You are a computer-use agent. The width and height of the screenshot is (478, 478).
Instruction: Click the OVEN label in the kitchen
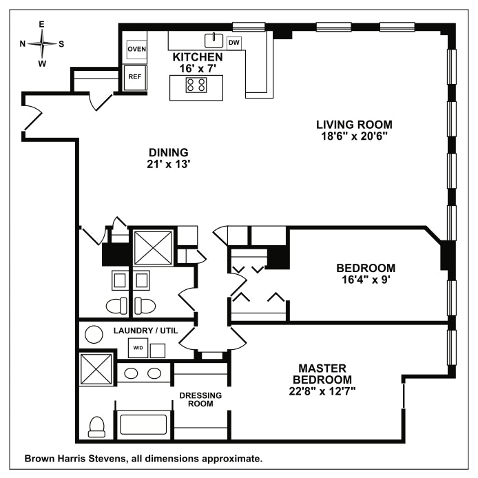point(136,49)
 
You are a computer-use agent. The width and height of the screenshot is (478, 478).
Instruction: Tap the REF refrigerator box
point(135,78)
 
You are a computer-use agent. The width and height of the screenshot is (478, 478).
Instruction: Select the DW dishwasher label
point(233,43)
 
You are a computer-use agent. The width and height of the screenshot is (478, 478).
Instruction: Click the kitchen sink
point(214,41)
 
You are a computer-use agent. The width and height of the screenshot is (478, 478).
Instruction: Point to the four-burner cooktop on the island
point(196,85)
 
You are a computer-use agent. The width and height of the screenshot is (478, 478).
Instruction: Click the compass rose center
point(42,44)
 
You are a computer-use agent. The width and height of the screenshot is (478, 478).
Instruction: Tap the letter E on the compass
point(42,24)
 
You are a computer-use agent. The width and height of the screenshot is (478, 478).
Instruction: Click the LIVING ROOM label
point(354,125)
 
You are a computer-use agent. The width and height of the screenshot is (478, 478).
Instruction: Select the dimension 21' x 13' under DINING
point(169,165)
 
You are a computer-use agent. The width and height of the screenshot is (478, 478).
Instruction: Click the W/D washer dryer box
point(138,348)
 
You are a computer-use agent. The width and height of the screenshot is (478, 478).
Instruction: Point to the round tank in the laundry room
point(94,335)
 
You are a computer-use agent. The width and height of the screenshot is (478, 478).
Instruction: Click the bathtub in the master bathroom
point(143,425)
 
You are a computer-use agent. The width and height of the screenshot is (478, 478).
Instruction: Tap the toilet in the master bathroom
point(96,428)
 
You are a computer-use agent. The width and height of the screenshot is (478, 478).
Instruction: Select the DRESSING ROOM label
point(200,399)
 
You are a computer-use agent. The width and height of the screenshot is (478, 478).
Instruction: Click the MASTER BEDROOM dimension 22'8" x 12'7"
point(322,391)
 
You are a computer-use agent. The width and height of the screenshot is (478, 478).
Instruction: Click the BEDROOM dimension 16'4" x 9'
point(366,280)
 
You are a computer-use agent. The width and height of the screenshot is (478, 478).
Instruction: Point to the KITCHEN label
point(198,57)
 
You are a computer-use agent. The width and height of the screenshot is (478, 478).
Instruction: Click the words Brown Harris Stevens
point(75,459)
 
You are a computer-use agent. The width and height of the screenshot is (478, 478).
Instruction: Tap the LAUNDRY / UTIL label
point(145,331)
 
